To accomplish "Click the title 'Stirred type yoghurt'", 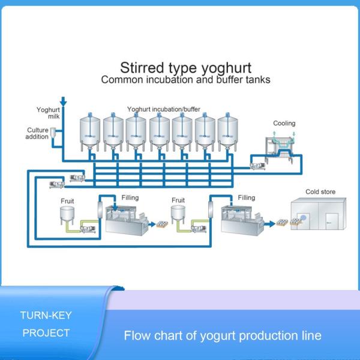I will (x=185, y=67).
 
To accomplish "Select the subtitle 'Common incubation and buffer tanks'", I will (x=185, y=79).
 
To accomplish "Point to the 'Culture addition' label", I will (x=37, y=133).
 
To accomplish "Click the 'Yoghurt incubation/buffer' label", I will (x=163, y=109).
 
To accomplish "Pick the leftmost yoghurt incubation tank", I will (x=91, y=133).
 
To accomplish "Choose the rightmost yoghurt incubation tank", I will (x=227, y=133).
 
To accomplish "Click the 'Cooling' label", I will (x=284, y=124).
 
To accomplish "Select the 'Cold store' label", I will (x=320, y=192).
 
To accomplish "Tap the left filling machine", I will (x=127, y=219).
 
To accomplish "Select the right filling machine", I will (x=242, y=219).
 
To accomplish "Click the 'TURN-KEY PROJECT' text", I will (x=45, y=323).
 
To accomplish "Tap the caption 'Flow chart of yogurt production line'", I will (x=223, y=335).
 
